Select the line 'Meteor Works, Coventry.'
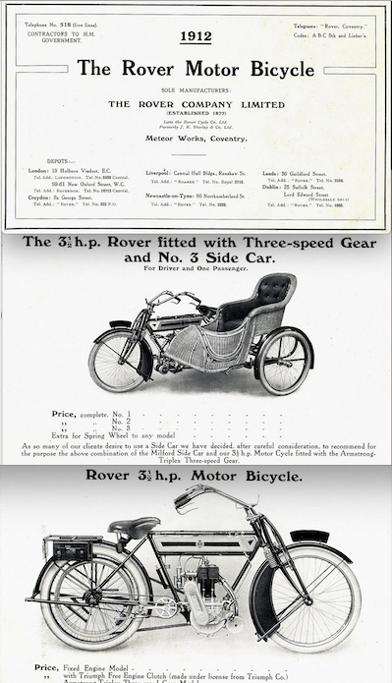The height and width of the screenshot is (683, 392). pos(196,140)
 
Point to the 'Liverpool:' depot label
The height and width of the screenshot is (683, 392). pos(158,170)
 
